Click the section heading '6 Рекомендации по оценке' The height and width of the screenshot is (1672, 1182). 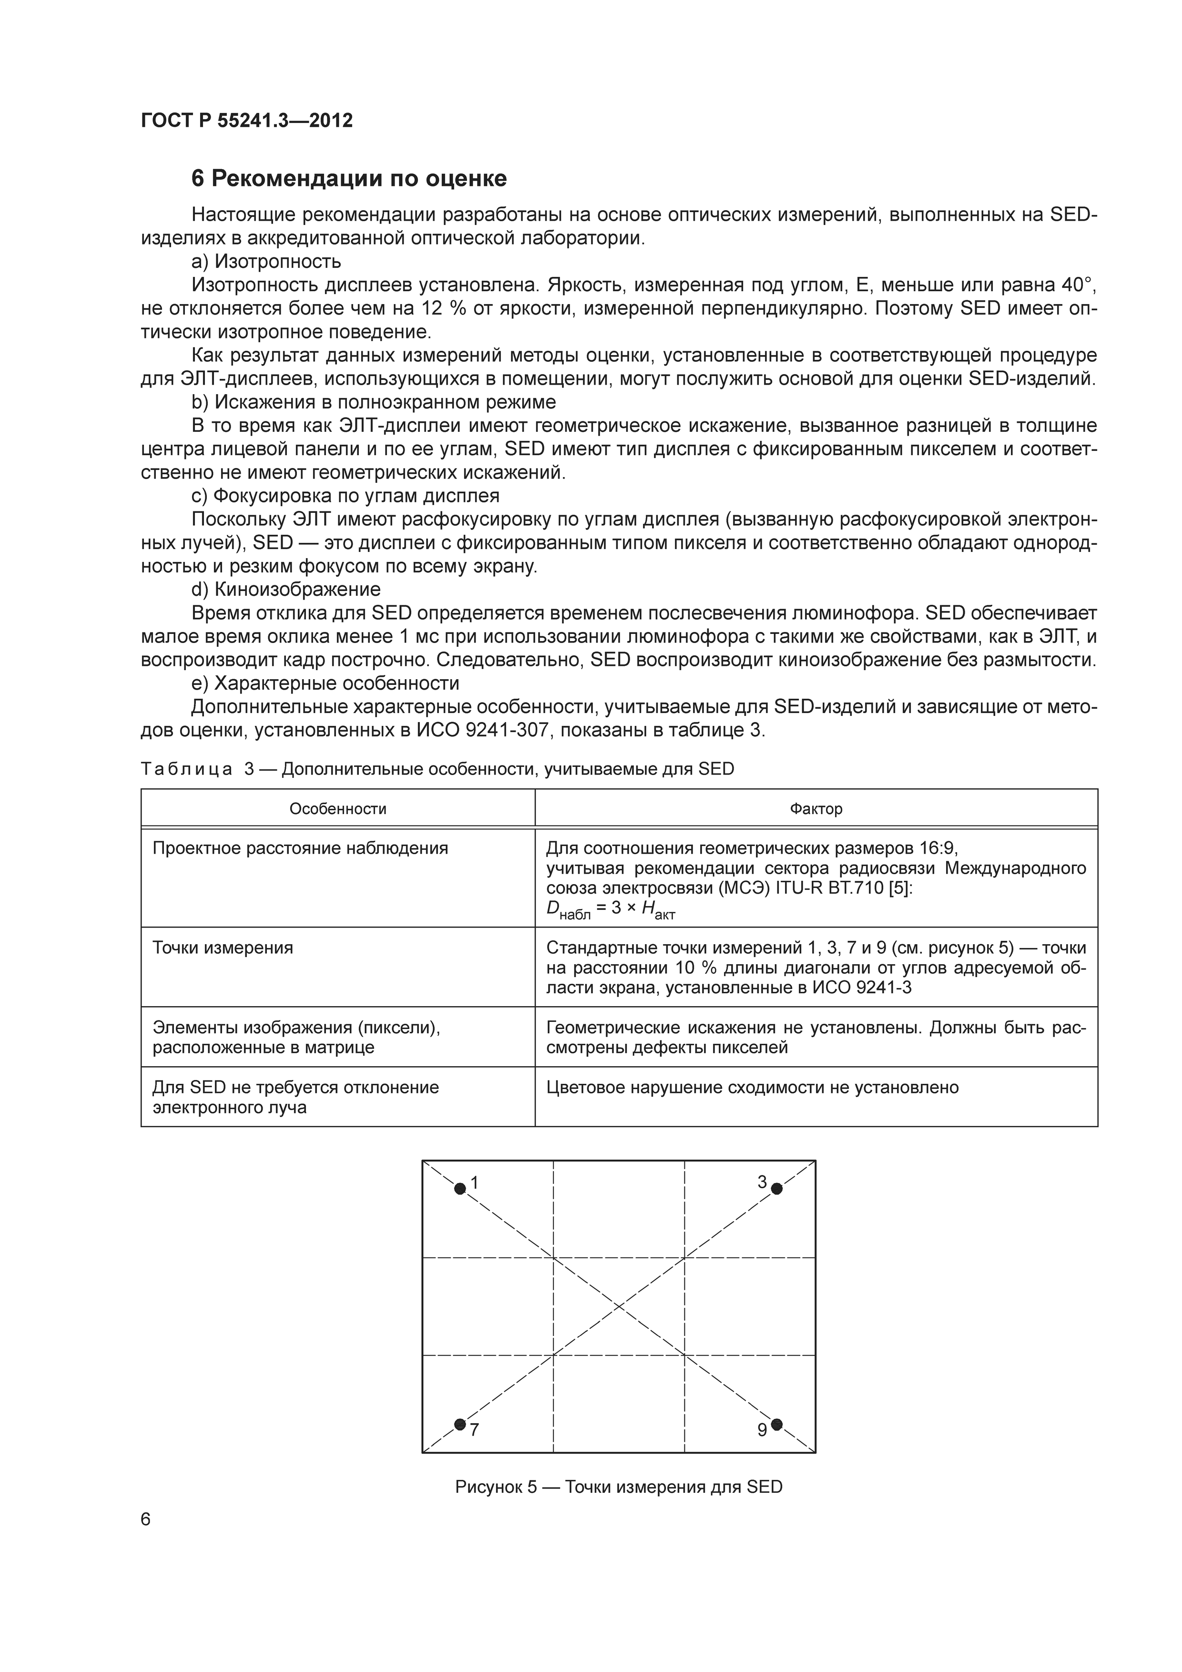(x=349, y=178)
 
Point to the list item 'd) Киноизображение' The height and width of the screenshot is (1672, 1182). (x=285, y=589)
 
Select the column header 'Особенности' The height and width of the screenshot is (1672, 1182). (x=338, y=809)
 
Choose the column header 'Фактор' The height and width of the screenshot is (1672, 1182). (x=815, y=809)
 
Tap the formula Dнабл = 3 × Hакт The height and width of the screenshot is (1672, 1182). (x=610, y=911)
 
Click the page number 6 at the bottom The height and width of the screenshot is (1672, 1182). (x=146, y=1520)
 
